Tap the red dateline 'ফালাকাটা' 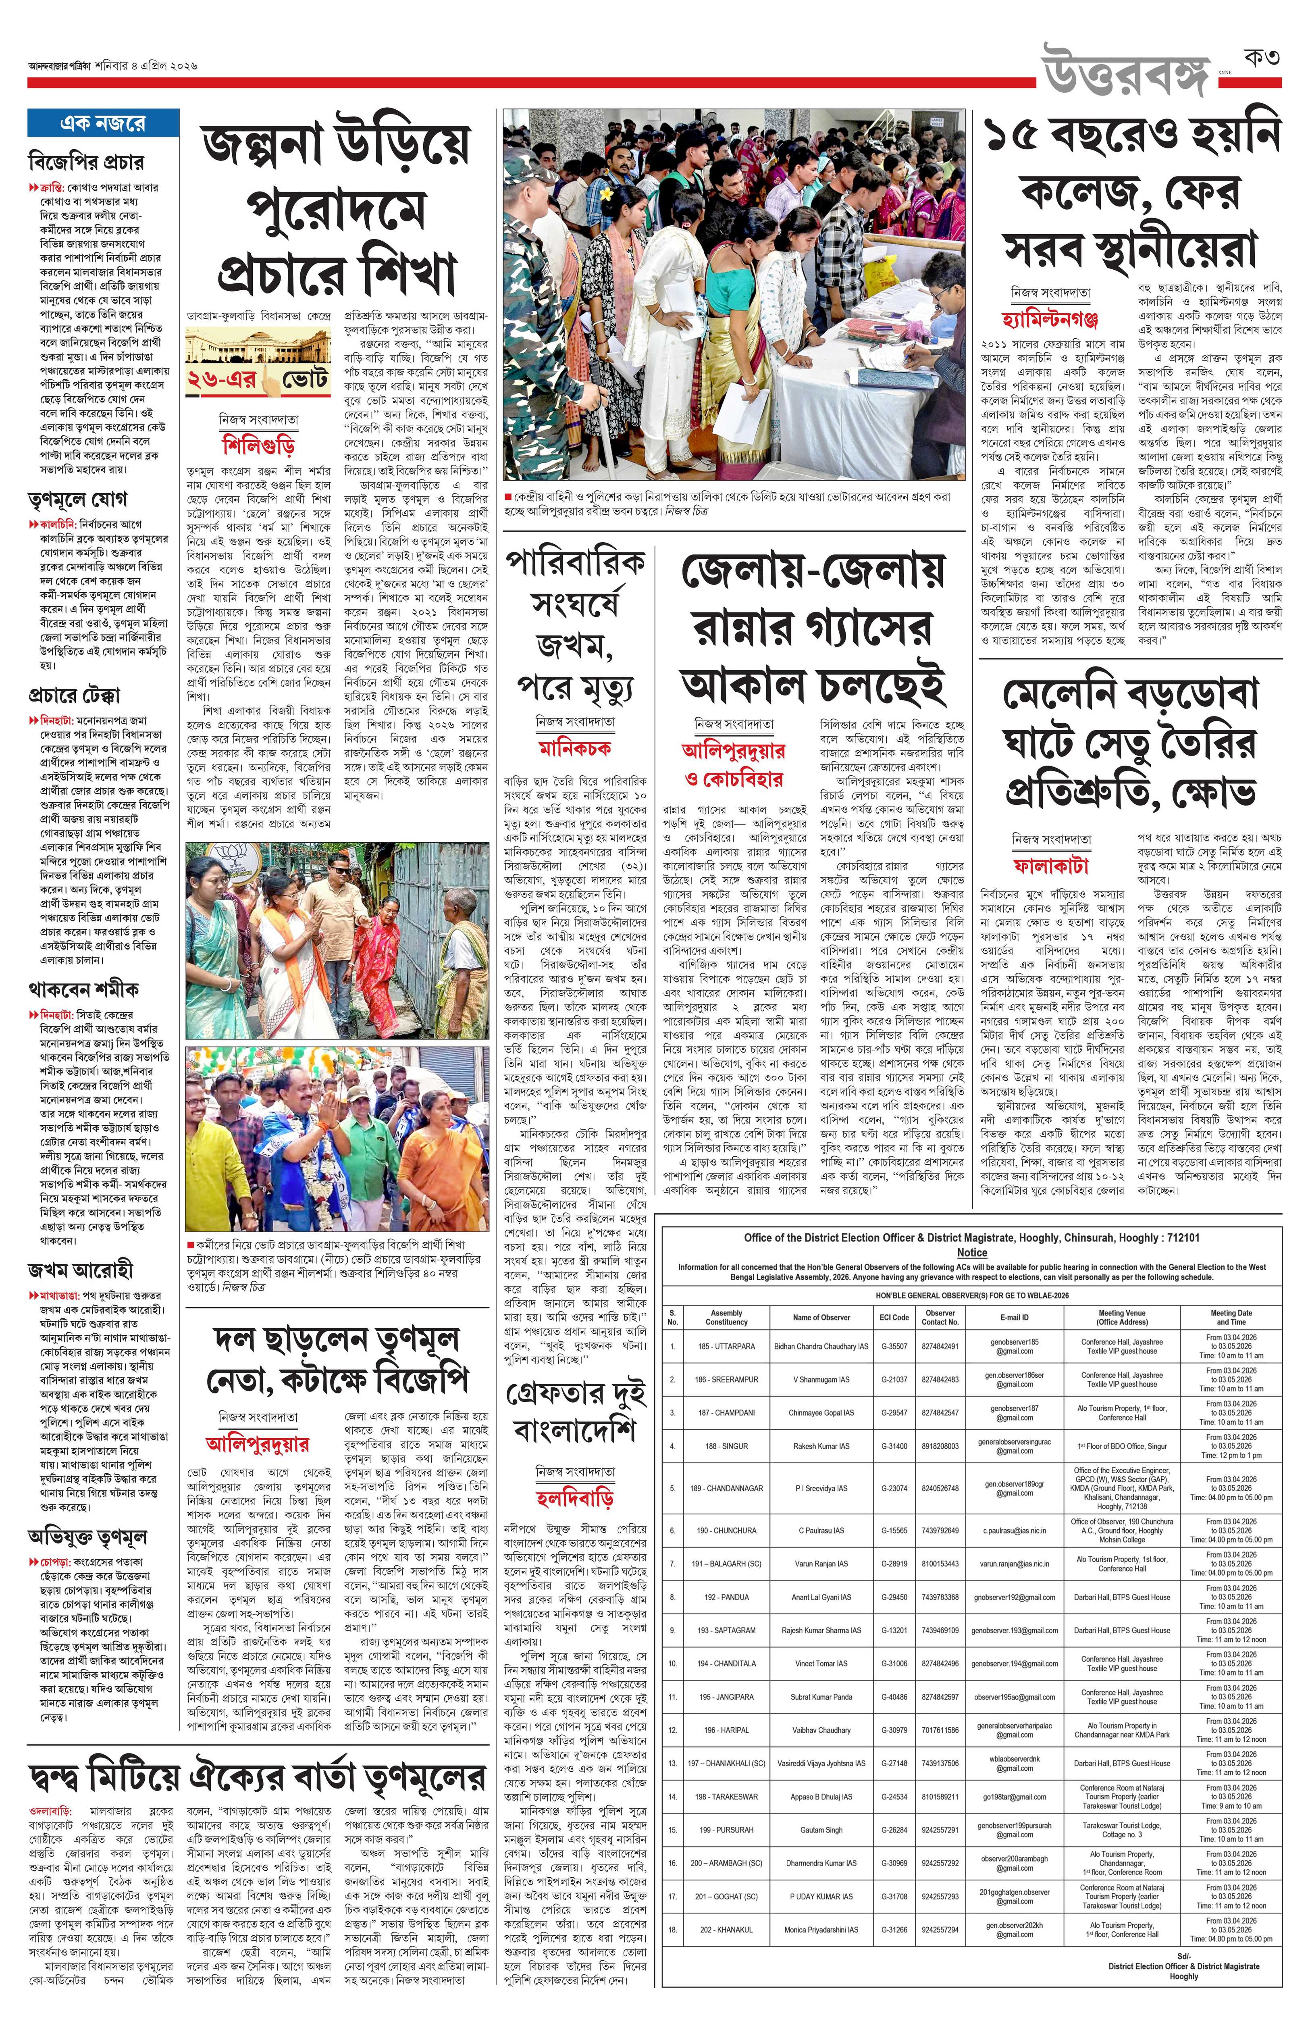point(1050,865)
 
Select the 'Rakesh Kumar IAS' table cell point(821,1446)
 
